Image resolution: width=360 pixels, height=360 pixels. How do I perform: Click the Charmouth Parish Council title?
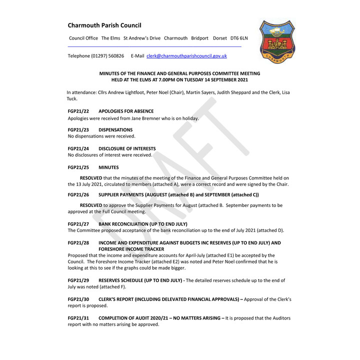[x=104, y=25]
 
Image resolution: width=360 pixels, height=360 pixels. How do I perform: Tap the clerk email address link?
[x=186, y=56]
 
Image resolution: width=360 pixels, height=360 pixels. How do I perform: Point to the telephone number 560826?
[x=116, y=56]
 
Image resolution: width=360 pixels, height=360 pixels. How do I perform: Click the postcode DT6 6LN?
[x=238, y=38]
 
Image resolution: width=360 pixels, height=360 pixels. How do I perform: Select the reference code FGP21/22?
[x=78, y=111]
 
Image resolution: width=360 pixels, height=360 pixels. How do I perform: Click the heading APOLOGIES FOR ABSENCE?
[x=126, y=111]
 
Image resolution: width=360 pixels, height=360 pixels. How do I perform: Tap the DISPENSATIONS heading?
[x=115, y=130]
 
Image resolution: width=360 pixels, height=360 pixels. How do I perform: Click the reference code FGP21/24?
[x=78, y=148]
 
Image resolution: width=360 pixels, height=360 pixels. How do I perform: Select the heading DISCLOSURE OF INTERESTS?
[x=127, y=148]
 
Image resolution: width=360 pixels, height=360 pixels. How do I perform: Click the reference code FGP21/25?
[x=78, y=167]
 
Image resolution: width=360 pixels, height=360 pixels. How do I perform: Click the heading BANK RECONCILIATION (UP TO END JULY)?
[x=143, y=224]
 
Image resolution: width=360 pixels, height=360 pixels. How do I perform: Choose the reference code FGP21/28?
[x=78, y=243]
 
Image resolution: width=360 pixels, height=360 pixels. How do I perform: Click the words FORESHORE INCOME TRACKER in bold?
[x=131, y=249]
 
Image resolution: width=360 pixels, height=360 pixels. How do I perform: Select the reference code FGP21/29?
[x=78, y=280]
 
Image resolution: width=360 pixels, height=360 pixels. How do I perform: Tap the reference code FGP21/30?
[x=78, y=299]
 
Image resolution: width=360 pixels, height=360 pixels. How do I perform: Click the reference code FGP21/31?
[x=78, y=318]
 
